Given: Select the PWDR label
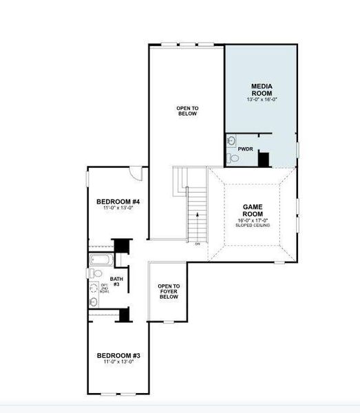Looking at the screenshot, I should [x=245, y=149].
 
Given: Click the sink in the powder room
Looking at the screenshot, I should [x=231, y=140].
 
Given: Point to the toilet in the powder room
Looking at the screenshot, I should [x=233, y=158].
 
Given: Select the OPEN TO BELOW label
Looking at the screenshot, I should [x=187, y=111].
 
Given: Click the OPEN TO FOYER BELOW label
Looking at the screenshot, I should [x=169, y=292].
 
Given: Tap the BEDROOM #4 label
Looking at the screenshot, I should [x=118, y=201].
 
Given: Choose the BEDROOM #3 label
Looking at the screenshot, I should [x=118, y=355].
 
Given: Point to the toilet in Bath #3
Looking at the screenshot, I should [x=94, y=274].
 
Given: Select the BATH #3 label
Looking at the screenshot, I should [x=116, y=282].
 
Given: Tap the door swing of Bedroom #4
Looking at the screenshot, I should [x=137, y=173].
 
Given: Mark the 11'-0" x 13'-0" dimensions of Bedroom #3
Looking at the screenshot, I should [x=118, y=362].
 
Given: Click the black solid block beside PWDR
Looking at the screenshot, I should [x=263, y=158].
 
